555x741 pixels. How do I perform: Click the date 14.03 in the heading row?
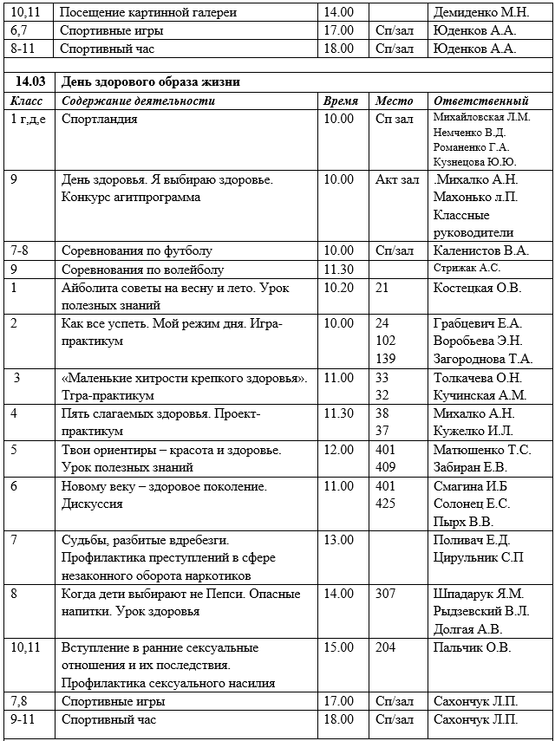click(29, 82)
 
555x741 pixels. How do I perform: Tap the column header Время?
click(340, 101)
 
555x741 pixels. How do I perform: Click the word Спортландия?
click(100, 119)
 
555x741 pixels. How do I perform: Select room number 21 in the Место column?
click(382, 288)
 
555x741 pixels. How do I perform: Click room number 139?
click(385, 359)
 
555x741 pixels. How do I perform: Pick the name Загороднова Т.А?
click(483, 359)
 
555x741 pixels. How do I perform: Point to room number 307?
click(385, 594)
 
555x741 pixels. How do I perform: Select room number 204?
click(385, 647)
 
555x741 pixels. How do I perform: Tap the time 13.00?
click(338, 540)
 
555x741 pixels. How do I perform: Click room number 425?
click(385, 504)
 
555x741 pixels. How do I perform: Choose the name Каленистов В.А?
click(480, 251)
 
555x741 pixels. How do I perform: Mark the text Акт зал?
click(397, 179)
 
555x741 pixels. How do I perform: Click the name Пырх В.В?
click(463, 522)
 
